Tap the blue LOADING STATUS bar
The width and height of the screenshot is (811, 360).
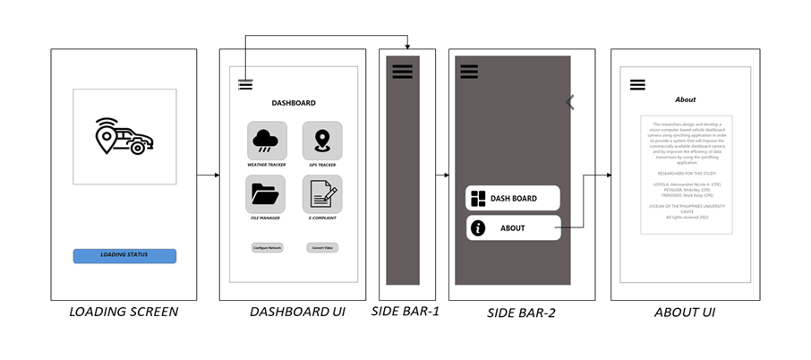[124, 255]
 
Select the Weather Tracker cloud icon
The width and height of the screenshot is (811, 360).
[267, 141]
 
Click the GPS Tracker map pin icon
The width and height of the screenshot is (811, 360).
[321, 141]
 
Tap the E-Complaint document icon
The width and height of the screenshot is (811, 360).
[321, 193]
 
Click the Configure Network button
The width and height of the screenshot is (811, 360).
[267, 247]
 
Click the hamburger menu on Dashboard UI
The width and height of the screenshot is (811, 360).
[245, 85]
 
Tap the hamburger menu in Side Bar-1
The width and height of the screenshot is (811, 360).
[402, 72]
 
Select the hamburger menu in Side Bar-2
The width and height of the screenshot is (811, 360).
[469, 72]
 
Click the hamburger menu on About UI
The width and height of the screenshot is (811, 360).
[637, 85]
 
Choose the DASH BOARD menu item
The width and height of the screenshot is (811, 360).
[513, 198]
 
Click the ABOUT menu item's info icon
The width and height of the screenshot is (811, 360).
[478, 228]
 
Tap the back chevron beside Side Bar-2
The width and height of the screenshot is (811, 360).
[570, 102]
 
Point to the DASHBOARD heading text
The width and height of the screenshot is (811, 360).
[294, 103]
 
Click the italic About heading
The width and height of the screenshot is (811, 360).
[685, 99]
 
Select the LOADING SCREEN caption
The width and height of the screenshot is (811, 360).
[124, 313]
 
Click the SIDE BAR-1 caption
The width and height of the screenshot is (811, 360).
[405, 312]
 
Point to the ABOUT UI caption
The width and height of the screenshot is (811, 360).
[684, 313]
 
